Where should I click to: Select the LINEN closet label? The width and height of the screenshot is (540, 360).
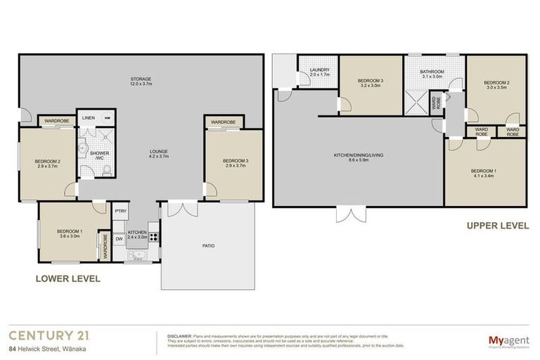(89, 118)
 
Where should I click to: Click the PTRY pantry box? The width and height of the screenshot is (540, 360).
(120, 211)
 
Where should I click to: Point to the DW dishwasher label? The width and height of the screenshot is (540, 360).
(119, 238)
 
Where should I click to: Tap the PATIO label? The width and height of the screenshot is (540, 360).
(208, 246)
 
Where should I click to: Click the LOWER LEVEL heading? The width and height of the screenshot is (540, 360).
(67, 278)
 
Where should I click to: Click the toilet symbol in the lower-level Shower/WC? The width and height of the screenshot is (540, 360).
(83, 148)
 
